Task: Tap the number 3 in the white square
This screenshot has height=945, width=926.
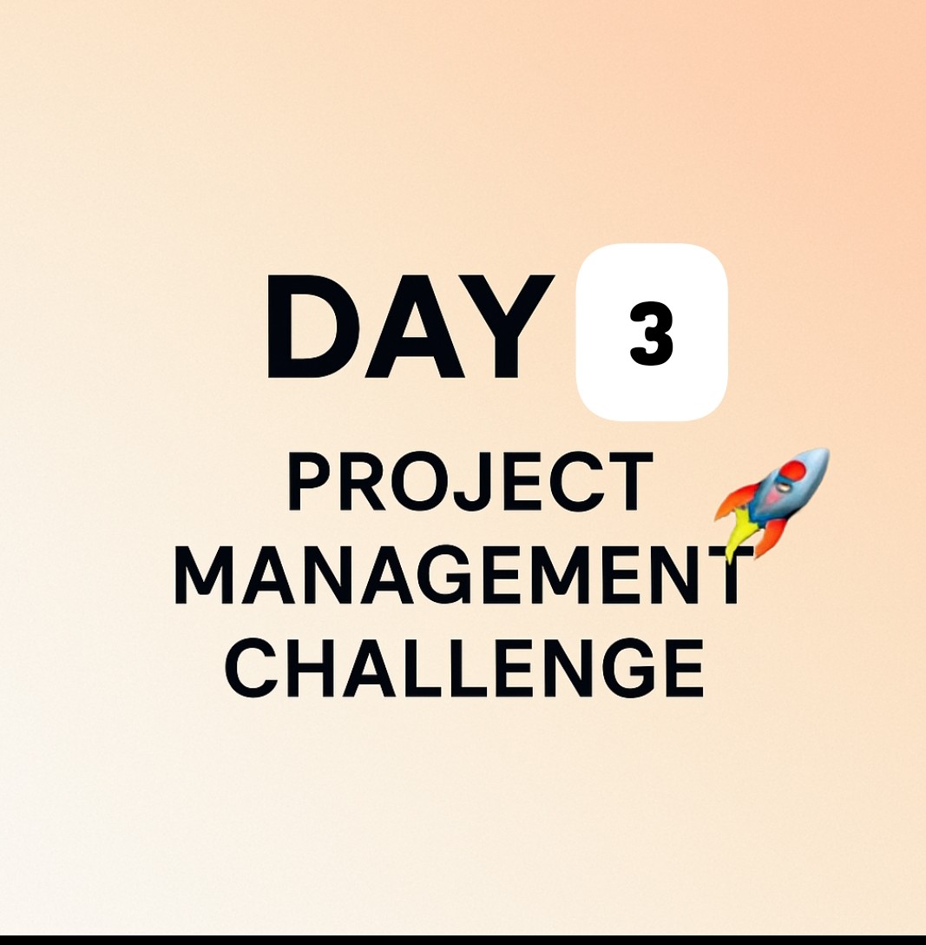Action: click(x=651, y=334)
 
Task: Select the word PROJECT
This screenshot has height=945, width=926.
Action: click(x=470, y=483)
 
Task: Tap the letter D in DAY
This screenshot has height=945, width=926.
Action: click(x=308, y=327)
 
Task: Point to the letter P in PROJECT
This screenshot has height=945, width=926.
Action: click(x=307, y=483)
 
